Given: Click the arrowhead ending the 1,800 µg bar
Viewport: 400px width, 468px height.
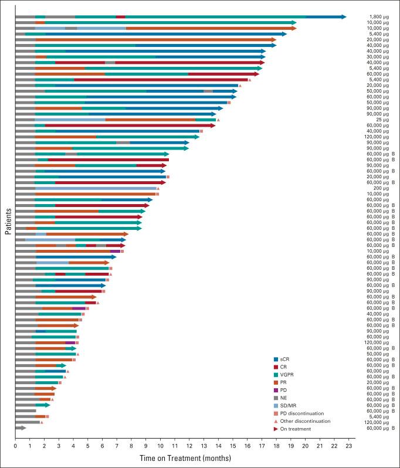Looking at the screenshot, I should (x=343, y=17).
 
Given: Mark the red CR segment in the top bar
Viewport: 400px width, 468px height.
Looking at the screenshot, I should (x=120, y=17).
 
